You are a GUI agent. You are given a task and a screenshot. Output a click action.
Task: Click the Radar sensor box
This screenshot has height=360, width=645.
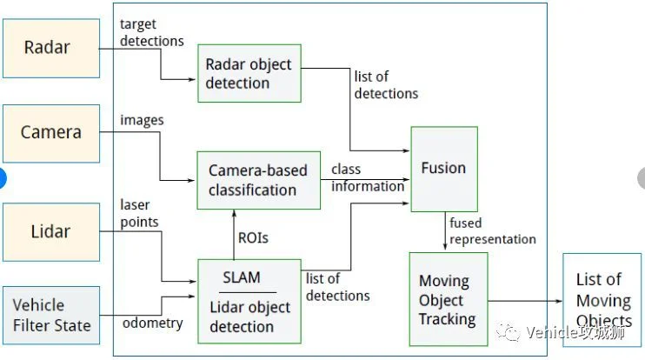pyautogui.click(x=51, y=48)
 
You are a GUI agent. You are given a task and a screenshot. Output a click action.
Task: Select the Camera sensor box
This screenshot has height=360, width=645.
pyautogui.click(x=51, y=133)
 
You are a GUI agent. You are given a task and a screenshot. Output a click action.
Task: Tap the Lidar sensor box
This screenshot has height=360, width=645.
pyautogui.click(x=51, y=232)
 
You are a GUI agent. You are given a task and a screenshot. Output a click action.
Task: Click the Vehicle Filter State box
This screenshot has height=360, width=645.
pyautogui.click(x=51, y=315)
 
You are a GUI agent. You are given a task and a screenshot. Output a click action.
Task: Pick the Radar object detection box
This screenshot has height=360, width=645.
pyautogui.click(x=249, y=73)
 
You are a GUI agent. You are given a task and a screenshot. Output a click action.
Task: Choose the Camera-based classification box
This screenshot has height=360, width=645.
pyautogui.click(x=259, y=180)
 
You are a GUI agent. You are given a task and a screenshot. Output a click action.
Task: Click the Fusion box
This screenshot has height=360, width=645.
pyautogui.click(x=444, y=169)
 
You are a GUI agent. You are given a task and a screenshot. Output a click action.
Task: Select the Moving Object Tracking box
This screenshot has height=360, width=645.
pyautogui.click(x=449, y=299)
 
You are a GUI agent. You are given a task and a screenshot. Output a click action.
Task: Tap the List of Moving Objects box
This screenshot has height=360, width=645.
pyautogui.click(x=602, y=300)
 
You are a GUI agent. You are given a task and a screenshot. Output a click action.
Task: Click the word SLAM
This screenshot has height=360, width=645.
pyautogui.click(x=242, y=277)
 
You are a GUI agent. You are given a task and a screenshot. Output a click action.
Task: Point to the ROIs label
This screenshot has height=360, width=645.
pyautogui.click(x=253, y=237)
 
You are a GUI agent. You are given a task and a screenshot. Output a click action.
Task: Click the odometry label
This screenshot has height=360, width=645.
pyautogui.click(x=153, y=323)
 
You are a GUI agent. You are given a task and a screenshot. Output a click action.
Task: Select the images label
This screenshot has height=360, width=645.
pyautogui.click(x=142, y=120)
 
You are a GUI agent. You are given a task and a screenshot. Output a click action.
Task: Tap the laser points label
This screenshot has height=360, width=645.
pyautogui.click(x=139, y=213)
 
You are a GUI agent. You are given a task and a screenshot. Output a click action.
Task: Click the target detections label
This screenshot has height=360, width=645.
pyautogui.click(x=152, y=32)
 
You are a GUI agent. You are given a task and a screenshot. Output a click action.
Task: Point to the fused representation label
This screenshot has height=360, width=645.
pyautogui.click(x=493, y=230)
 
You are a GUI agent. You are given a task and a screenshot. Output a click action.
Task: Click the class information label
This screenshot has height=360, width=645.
pyautogui.click(x=368, y=177)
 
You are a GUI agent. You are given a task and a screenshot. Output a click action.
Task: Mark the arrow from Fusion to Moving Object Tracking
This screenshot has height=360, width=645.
pyautogui.click(x=445, y=230)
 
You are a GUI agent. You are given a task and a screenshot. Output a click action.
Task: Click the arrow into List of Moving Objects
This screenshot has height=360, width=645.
pyautogui.click(x=525, y=301)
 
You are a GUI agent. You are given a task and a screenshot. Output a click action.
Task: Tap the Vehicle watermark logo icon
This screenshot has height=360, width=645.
pyautogui.click(x=508, y=332)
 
